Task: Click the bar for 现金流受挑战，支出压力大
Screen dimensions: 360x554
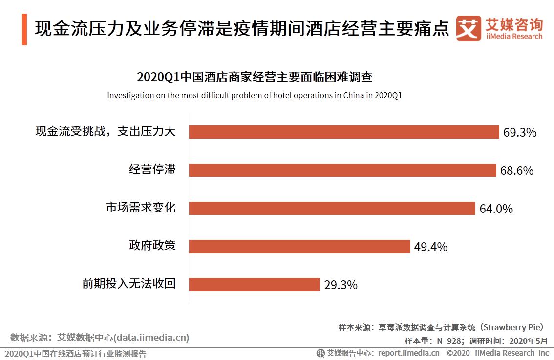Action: coord(344,132)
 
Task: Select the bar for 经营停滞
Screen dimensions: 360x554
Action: coord(342,170)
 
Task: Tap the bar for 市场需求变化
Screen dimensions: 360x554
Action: coord(332,208)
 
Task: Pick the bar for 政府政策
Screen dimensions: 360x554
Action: coord(299,246)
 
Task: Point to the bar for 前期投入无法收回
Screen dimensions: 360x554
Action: coord(255,284)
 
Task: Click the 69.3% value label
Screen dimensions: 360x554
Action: coord(520,132)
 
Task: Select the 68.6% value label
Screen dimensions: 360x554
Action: coord(516,170)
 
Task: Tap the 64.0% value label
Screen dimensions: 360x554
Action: coord(496,209)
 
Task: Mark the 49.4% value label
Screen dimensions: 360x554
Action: coord(431,247)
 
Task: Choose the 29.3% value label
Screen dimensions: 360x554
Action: coord(341,285)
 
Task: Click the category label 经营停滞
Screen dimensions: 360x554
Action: coord(152,170)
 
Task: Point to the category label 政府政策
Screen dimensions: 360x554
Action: coord(152,246)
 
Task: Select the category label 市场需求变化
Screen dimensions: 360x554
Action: coord(141,208)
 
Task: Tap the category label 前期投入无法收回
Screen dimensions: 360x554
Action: coord(129,284)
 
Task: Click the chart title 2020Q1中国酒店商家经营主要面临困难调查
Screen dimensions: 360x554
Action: coord(255,77)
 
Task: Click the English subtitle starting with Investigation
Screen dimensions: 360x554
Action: coord(254,95)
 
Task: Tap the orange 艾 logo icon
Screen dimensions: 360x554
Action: coord(469,28)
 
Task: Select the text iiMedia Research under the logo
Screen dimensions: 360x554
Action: coord(514,37)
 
